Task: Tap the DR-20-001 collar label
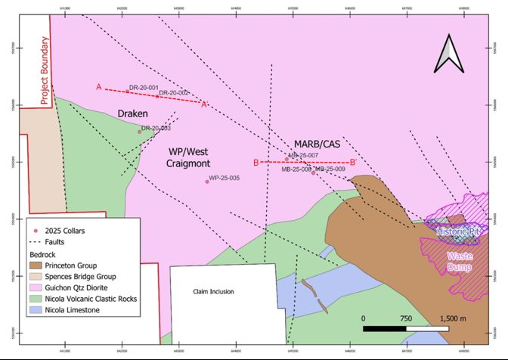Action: [x=144, y=88]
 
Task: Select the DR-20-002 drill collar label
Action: [x=174, y=93]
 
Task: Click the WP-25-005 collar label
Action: [x=224, y=178]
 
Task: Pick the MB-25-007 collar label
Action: [x=303, y=156]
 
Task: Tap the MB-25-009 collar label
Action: [x=330, y=169]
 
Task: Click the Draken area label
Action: [x=132, y=113]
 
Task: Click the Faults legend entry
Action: [x=54, y=242]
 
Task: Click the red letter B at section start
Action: [x=256, y=163]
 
